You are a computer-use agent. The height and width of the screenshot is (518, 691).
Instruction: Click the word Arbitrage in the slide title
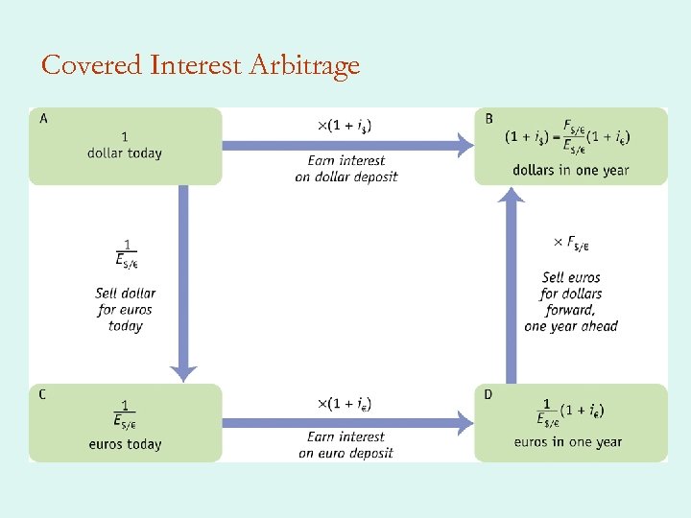[304, 65]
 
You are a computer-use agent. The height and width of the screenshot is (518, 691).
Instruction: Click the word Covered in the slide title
[92, 65]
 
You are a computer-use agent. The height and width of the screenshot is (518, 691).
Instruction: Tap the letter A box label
[44, 119]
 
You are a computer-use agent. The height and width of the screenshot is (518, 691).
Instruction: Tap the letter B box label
[489, 119]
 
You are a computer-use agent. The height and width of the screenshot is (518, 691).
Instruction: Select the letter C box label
[44, 394]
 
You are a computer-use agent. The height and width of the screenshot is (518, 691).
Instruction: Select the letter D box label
[489, 394]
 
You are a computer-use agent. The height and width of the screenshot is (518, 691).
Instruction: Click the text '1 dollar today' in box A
[125, 145]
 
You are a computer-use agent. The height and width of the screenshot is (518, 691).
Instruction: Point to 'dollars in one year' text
[571, 171]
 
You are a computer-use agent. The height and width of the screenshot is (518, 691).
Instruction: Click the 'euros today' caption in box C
[125, 444]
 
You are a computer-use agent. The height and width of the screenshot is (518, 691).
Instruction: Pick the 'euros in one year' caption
[568, 442]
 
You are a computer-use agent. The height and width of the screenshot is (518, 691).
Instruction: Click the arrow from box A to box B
[345, 146]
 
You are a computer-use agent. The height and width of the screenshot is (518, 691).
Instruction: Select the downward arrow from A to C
[183, 278]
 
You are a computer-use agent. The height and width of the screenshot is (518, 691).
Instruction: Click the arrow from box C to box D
[345, 419]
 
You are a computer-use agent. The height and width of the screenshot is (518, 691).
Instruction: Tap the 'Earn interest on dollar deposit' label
[345, 169]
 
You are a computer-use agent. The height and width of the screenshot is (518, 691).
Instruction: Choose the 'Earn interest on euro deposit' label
[345, 445]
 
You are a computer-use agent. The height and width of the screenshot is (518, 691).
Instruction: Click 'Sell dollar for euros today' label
[126, 310]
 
